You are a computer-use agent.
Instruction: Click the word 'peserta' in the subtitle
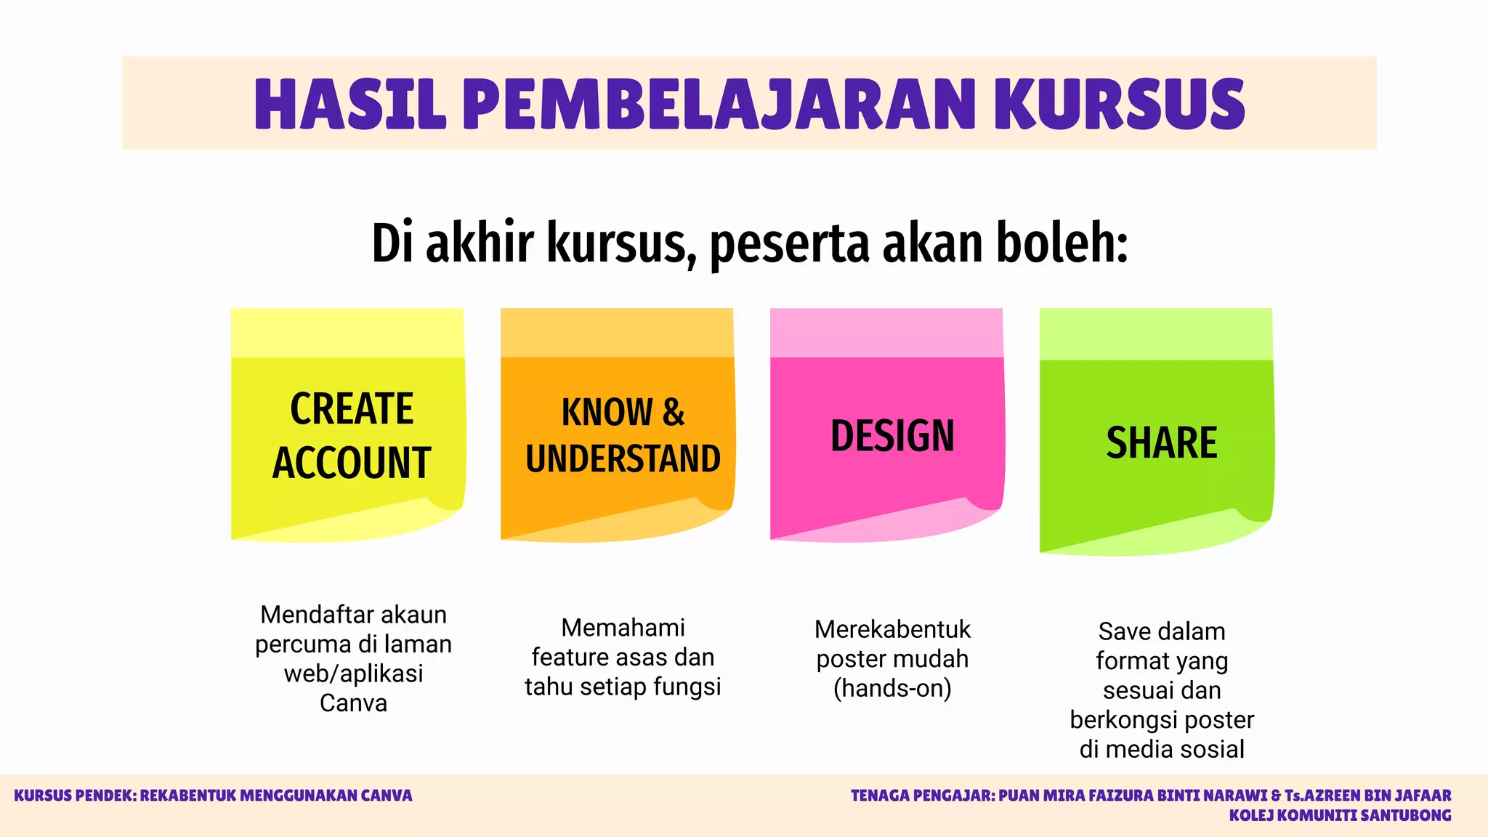(x=789, y=244)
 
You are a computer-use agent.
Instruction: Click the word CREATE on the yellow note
(x=352, y=408)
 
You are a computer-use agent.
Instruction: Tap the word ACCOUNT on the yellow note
(x=352, y=463)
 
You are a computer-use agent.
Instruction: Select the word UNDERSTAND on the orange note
(x=623, y=459)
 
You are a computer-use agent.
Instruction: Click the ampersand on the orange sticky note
(x=674, y=413)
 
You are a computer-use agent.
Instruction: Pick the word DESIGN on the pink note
(x=892, y=436)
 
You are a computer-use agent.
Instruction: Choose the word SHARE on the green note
(x=1161, y=442)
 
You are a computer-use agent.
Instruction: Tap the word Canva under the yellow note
(x=353, y=703)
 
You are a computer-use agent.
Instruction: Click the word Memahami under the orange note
(x=623, y=628)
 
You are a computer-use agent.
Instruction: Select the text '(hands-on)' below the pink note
(x=892, y=688)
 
